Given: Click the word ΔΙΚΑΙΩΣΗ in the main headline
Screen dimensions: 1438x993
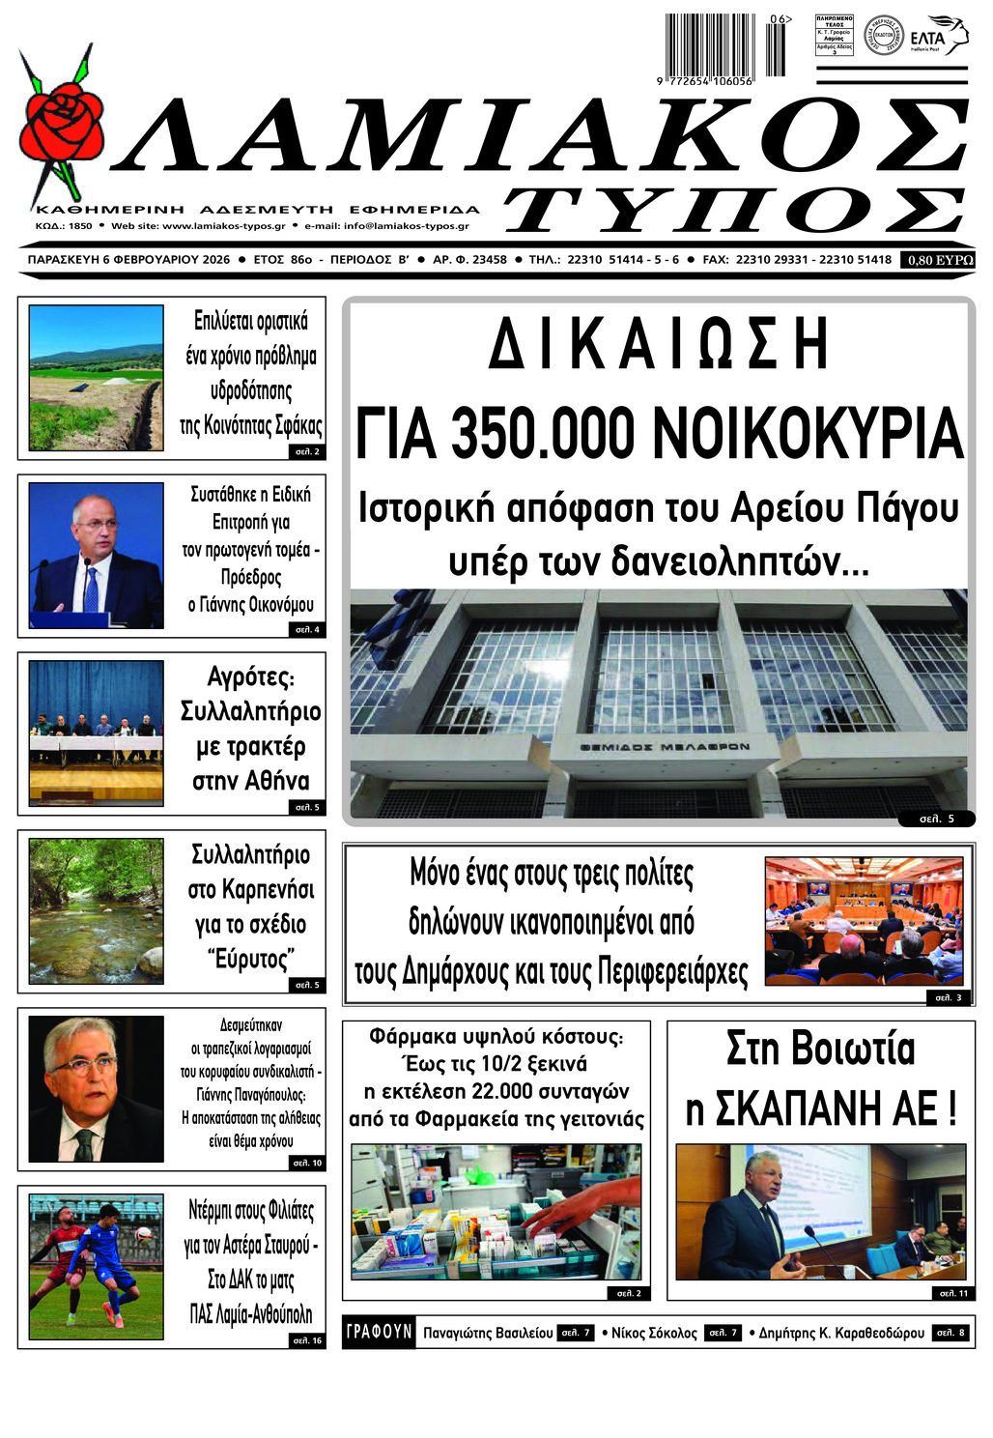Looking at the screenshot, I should (659, 345).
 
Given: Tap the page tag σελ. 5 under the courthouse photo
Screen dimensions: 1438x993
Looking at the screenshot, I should (936, 819).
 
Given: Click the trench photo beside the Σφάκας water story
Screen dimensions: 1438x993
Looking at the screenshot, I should (96, 378).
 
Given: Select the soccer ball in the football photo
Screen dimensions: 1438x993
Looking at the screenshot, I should (143, 1233).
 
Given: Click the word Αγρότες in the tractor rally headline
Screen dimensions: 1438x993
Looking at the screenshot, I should (251, 676).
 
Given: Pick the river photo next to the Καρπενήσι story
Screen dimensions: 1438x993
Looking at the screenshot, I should (96, 910).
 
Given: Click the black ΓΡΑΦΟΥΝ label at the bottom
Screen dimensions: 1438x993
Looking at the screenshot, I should (380, 1332).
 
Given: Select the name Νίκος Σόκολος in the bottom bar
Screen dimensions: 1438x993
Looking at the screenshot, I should (654, 1333).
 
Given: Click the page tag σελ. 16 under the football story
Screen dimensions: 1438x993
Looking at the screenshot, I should (307, 1340).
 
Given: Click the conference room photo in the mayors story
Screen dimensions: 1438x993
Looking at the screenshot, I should (865, 920).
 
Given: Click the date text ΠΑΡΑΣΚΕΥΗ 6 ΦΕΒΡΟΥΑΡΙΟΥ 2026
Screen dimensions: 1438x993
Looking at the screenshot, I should (128, 260).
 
